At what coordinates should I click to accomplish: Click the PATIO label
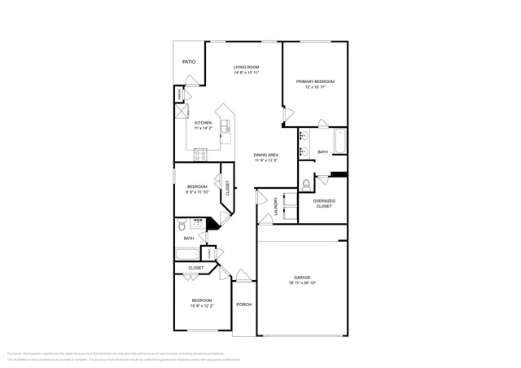(x=188, y=62)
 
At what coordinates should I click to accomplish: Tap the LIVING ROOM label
(x=246, y=67)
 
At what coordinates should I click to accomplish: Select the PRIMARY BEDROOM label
(x=315, y=81)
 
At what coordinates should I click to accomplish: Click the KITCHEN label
(x=203, y=123)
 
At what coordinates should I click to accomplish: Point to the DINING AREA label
(x=266, y=155)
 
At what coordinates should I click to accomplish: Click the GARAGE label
(x=302, y=278)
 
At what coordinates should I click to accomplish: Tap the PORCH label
(x=243, y=304)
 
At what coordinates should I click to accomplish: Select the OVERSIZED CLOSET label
(x=325, y=203)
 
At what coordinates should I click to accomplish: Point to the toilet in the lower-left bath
(x=183, y=222)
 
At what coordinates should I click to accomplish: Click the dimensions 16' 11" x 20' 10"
(x=302, y=283)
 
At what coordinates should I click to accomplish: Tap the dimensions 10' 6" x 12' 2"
(x=202, y=306)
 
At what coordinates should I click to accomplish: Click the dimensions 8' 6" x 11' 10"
(x=198, y=192)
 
